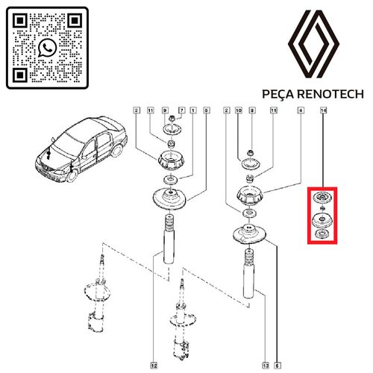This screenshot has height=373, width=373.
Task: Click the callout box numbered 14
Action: click(322, 110)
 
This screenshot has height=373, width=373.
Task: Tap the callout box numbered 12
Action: click(152, 366)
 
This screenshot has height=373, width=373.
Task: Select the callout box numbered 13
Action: click(265, 366)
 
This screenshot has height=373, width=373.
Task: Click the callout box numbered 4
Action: click(300, 110)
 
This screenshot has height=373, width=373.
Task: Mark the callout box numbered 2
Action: click(226, 110)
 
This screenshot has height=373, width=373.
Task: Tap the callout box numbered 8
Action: click(251, 110)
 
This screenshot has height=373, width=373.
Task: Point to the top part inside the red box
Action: click(322, 198)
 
